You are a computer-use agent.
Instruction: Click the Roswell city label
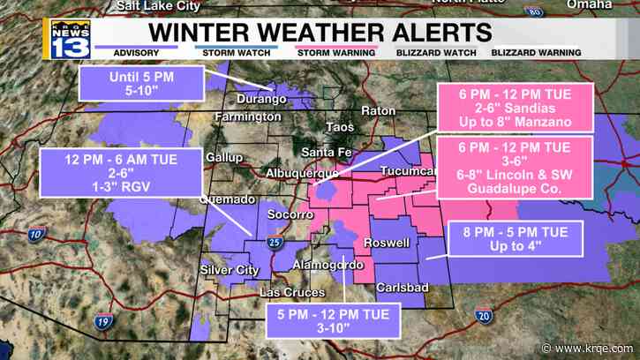click(x=387, y=243)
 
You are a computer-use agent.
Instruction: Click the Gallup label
click(x=223, y=157)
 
